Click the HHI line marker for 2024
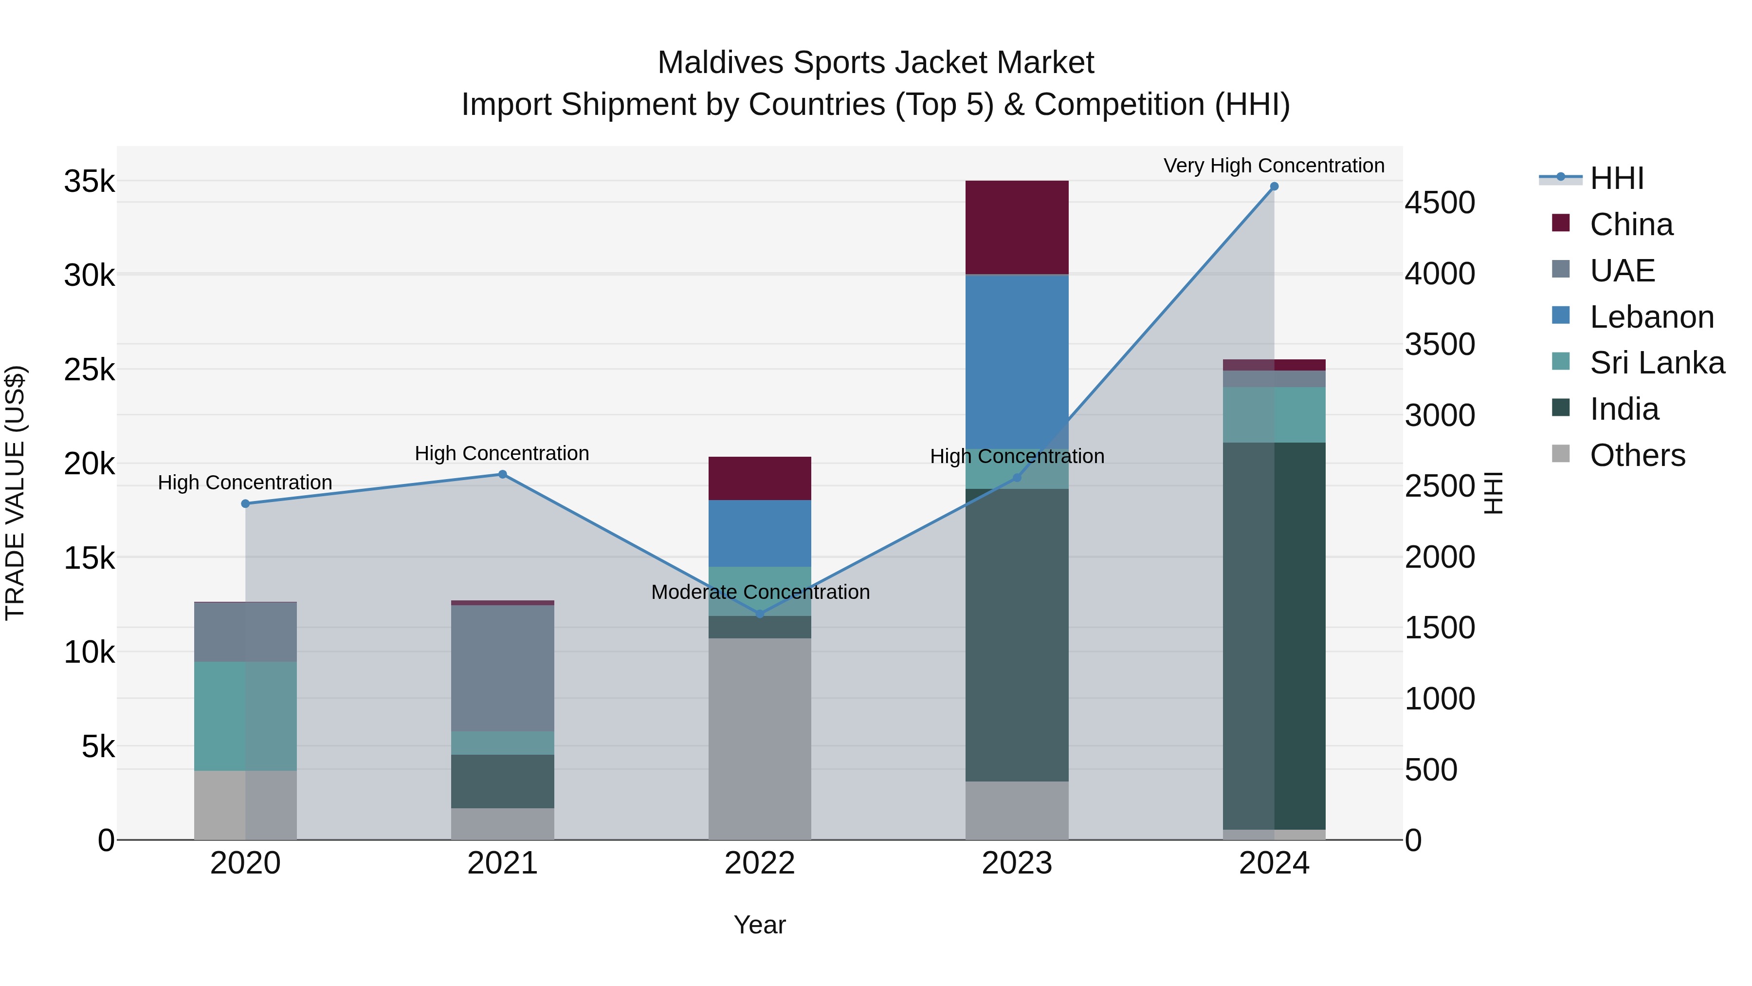pyautogui.click(x=1274, y=186)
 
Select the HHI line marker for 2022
pyautogui.click(x=760, y=614)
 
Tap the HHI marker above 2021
pyautogui.click(x=503, y=474)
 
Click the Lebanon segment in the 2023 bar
pyautogui.click(x=1017, y=361)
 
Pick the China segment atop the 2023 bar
pyautogui.click(x=1017, y=227)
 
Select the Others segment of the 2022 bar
pyautogui.click(x=760, y=738)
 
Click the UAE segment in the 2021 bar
pyautogui.click(x=503, y=668)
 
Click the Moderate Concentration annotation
pyautogui.click(x=760, y=592)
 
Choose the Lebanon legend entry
pyautogui.click(x=1651, y=317)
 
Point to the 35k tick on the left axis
pyautogui.click(x=89, y=182)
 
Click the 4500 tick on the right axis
pyautogui.click(x=1439, y=203)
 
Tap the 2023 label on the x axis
pyautogui.click(x=1017, y=863)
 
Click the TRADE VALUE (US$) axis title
pyautogui.click(x=15, y=493)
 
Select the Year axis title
pyautogui.click(x=760, y=925)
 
